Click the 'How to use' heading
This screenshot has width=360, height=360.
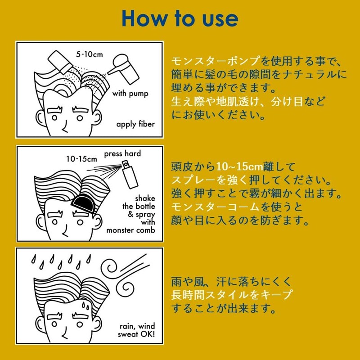(180, 18)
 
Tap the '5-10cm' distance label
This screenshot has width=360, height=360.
(90, 54)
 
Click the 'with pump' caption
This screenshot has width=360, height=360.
(130, 94)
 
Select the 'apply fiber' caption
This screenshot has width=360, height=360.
(135, 124)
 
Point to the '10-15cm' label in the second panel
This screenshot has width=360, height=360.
(82, 159)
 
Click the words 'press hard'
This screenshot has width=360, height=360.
(122, 153)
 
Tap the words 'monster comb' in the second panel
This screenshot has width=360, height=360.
(130, 230)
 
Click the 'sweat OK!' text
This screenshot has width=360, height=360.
(136, 334)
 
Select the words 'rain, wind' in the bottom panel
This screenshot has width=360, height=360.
(137, 326)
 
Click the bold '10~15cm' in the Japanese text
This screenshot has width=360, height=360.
(239, 167)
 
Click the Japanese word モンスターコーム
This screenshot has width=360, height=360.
(216, 207)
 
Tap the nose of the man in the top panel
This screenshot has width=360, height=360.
(65, 126)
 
